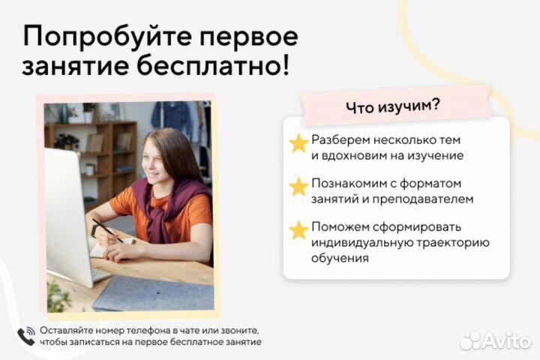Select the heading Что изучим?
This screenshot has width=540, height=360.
[393, 106]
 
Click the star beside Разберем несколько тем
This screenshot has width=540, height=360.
[299, 143]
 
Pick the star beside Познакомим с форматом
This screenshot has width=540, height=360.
[299, 185]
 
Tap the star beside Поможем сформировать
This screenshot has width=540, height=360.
[299, 229]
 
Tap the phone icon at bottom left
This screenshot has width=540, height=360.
[25, 334]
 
